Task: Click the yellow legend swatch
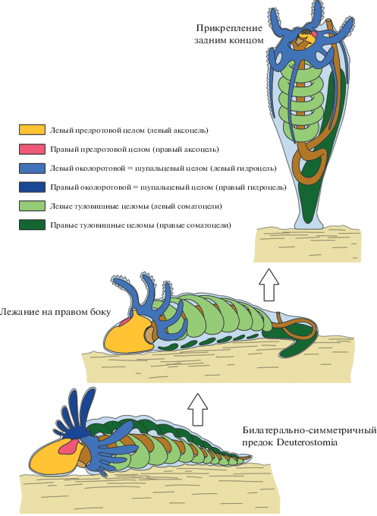[32, 130]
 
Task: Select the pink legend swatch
[32, 149]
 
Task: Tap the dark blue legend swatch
[32, 187]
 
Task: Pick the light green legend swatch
[32, 206]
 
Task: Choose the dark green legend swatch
[32, 225]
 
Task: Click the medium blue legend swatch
[32, 168]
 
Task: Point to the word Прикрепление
[229, 29]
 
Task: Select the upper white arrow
[269, 285]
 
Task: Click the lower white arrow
[198, 409]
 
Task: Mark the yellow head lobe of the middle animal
[128, 333]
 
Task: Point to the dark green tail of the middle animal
[292, 340]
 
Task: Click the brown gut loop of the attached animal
[306, 166]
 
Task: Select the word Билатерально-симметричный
[309, 430]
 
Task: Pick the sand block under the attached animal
[307, 245]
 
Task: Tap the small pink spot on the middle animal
[124, 322]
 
